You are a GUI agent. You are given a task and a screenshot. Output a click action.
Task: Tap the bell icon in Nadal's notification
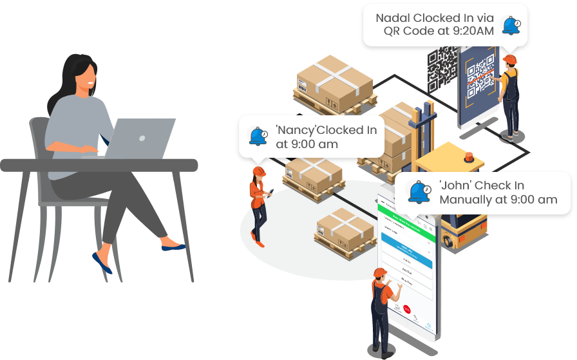pos(511,26)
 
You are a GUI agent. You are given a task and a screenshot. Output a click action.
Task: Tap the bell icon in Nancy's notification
pos(258,137)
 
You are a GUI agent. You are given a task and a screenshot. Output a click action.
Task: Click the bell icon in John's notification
pos(419,192)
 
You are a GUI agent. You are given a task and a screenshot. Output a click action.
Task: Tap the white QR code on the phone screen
pos(479,76)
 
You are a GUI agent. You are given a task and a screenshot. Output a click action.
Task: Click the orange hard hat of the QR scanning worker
pos(510,59)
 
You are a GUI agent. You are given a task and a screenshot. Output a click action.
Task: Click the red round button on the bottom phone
pos(407,310)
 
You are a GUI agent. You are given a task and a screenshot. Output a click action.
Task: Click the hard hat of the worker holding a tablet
pos(259,171)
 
